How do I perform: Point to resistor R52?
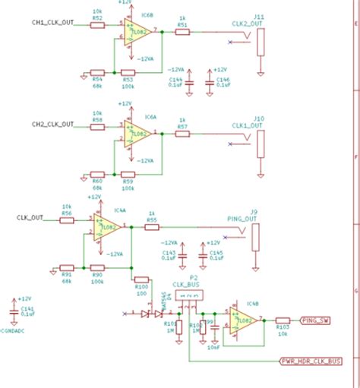pos(97,25)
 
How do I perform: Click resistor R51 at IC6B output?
pos(182,33)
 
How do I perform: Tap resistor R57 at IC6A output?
pos(182,133)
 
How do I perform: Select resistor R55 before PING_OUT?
pos(152,227)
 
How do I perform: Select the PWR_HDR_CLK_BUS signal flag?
pos(310,361)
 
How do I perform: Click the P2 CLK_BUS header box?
pos(189,295)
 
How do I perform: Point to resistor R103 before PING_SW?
pos(283,320)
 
